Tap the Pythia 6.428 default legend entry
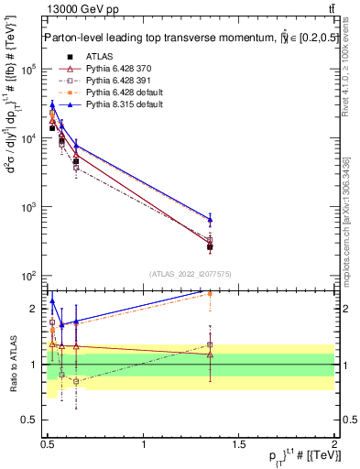coord(118,93)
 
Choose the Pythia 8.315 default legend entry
coord(118,105)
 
